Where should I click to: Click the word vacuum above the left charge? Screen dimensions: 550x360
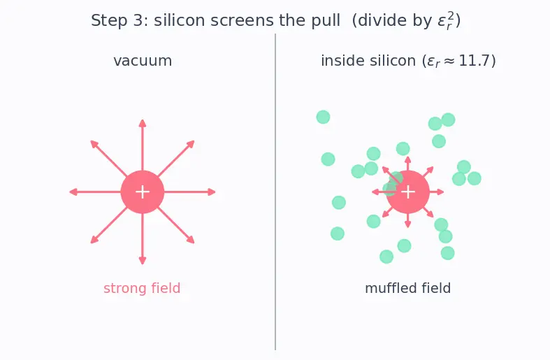143,61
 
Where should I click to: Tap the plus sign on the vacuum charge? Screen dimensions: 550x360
143,192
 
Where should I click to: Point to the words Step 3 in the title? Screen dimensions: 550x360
117,21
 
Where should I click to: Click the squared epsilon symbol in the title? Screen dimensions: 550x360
446,20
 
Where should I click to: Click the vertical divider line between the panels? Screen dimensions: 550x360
275,192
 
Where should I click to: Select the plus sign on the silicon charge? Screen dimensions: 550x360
408,192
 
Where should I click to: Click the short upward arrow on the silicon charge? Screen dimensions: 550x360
408,164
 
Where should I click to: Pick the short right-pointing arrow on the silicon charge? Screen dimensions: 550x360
437,192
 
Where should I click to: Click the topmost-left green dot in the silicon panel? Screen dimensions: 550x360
323,117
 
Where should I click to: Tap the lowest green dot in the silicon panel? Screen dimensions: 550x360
386,257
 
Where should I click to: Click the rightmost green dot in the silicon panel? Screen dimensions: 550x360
475,178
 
